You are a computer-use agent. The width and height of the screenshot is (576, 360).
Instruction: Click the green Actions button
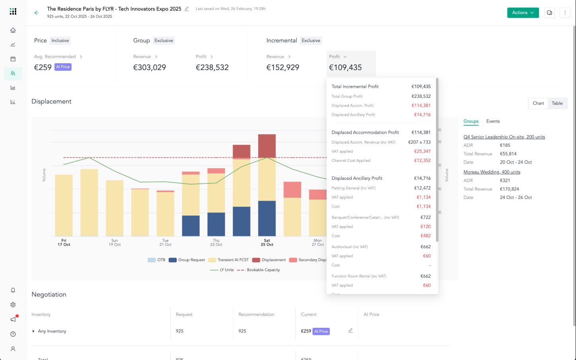point(523,13)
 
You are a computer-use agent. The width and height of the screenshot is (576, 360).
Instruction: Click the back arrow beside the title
point(37,13)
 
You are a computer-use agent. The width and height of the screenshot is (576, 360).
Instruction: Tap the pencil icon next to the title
point(187,9)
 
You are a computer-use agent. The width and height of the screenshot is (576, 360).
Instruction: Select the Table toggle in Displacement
point(557,103)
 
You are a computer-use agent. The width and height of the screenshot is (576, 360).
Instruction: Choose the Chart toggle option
point(538,103)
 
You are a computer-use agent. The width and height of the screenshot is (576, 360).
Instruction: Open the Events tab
point(493,121)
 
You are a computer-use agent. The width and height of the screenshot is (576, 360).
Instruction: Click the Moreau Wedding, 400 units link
point(492,172)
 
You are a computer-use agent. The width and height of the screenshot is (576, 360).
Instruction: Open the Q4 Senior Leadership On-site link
point(504,137)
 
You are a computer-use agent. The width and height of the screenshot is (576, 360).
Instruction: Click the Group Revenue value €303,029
point(150,68)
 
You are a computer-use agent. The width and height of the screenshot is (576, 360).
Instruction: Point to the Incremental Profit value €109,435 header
point(345,68)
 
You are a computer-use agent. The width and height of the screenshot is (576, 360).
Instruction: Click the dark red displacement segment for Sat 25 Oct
point(267,146)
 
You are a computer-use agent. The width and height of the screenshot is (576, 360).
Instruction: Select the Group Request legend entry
point(187,260)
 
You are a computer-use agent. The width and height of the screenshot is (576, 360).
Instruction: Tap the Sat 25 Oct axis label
point(267,243)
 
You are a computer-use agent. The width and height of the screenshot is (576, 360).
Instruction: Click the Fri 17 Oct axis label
point(64,243)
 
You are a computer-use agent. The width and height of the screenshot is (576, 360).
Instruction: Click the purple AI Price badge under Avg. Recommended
point(63,67)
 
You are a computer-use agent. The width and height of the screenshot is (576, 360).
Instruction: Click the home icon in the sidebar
point(13,30)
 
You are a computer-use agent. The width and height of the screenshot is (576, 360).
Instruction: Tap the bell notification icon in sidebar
point(13,290)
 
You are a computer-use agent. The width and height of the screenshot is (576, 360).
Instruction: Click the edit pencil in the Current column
point(350,331)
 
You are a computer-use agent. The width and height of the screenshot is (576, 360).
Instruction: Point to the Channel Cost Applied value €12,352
point(422,161)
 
